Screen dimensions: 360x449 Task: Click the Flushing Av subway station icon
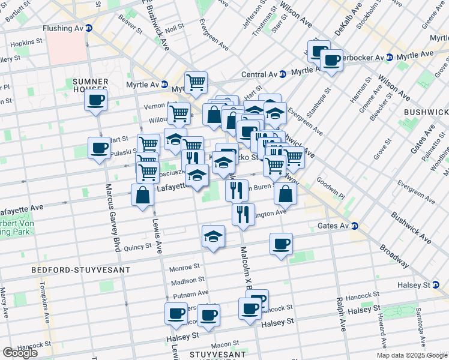(x=89, y=28)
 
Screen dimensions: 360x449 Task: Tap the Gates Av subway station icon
(x=354, y=226)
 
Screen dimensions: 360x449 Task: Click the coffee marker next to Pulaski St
(x=99, y=147)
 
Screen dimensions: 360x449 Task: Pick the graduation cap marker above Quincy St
(x=212, y=236)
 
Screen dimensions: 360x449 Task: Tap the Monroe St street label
(x=184, y=267)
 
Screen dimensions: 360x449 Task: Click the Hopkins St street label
(x=25, y=44)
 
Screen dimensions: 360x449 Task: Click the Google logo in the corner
(x=20, y=353)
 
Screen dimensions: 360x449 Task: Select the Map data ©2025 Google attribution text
(x=411, y=355)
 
